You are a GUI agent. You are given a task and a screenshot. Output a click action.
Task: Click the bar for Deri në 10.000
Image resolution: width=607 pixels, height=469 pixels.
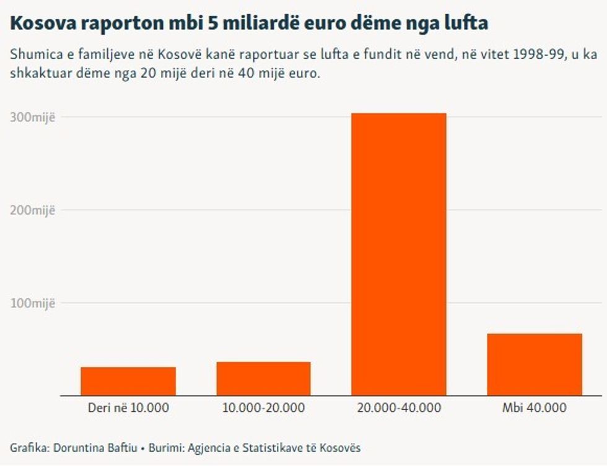pos(128,381)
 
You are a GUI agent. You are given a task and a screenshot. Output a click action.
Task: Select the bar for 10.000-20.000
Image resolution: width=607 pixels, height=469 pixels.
pos(263,379)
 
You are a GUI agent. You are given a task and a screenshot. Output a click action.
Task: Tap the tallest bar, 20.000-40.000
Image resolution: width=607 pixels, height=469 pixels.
pos(398,254)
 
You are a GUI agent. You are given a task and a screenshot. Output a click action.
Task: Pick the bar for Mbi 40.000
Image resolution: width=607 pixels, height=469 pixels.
pos(535,364)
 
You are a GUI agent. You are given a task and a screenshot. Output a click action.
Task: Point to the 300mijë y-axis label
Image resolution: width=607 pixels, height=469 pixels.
pos(33,117)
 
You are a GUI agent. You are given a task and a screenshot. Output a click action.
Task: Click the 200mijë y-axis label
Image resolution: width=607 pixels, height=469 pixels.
pos(33,210)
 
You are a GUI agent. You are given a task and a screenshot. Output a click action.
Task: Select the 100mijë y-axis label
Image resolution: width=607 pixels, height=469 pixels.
pos(33,303)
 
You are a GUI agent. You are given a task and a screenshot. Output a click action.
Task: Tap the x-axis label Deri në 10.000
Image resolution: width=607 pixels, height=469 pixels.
pos(128,408)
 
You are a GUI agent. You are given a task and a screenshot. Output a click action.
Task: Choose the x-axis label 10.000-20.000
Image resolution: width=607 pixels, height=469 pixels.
pos(263,408)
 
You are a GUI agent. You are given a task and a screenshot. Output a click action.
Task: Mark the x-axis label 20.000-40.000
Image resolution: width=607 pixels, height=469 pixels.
pos(399,408)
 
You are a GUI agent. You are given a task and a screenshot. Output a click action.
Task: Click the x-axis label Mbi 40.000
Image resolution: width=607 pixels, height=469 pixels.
pos(535,408)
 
